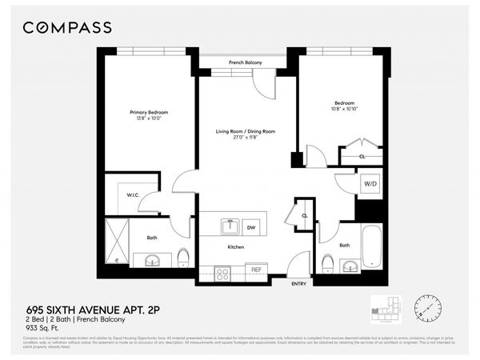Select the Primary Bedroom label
(x=150, y=112)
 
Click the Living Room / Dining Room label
(x=246, y=131)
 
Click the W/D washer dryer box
(x=370, y=183)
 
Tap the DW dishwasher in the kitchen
(x=250, y=227)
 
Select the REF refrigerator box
(x=256, y=270)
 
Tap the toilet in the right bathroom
(x=327, y=263)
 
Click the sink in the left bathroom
(x=152, y=260)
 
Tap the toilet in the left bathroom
(x=183, y=258)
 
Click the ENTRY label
(x=299, y=283)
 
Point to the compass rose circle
(x=428, y=307)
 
